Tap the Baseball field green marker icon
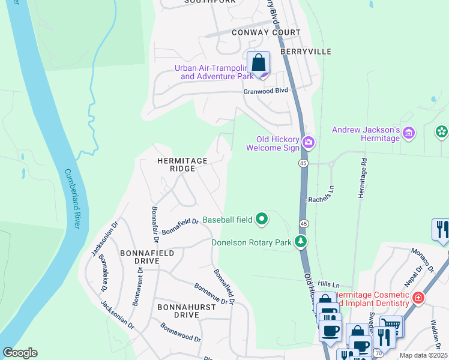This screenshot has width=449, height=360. coord(262,220)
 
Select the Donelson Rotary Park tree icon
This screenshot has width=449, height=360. coord(301,242)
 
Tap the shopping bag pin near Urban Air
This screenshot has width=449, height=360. coord(258,63)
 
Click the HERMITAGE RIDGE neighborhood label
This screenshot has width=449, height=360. coord(182,164)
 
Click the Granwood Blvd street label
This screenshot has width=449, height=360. coord(265,91)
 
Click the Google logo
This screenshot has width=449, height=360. coord(20,353)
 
